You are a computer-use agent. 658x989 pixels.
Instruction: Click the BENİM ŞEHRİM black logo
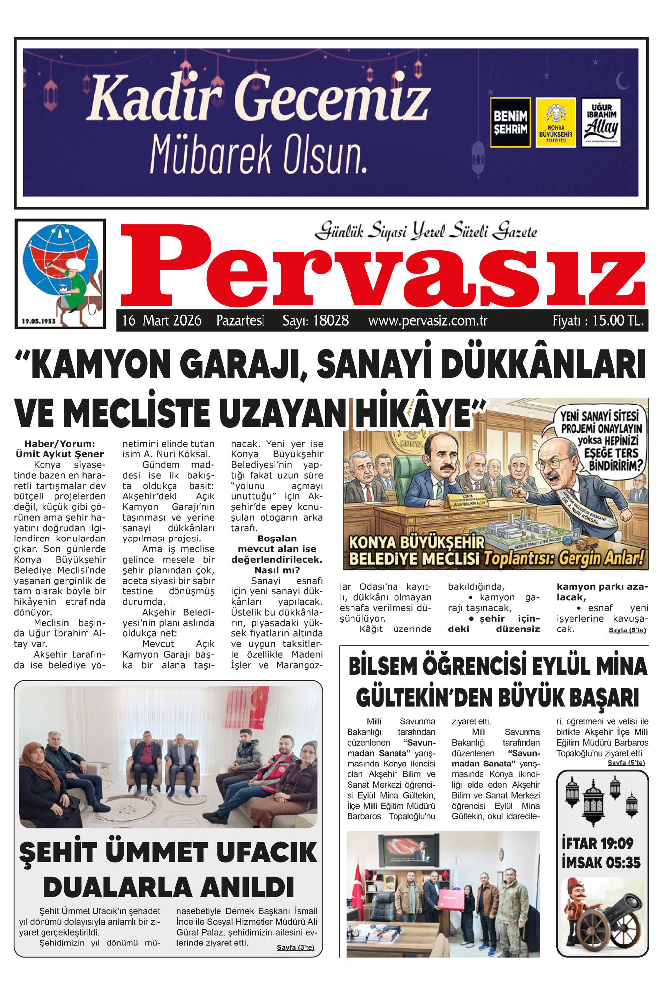510,123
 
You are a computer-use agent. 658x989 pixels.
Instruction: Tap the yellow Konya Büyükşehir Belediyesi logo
556,123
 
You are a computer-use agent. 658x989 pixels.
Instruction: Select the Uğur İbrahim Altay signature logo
601,123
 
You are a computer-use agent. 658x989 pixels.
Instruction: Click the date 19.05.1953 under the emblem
39,321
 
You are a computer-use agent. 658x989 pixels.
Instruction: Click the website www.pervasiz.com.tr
428,321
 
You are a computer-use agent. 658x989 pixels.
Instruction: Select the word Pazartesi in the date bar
240,321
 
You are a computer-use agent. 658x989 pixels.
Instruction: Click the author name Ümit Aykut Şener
60,454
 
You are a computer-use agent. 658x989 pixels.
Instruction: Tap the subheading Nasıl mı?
277,570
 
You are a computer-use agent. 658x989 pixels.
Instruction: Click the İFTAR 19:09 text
597,842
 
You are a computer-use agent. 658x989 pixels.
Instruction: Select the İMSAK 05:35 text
601,863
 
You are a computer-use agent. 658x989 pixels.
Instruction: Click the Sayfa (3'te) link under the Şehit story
295,947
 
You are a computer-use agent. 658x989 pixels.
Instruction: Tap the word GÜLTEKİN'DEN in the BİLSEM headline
424,698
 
